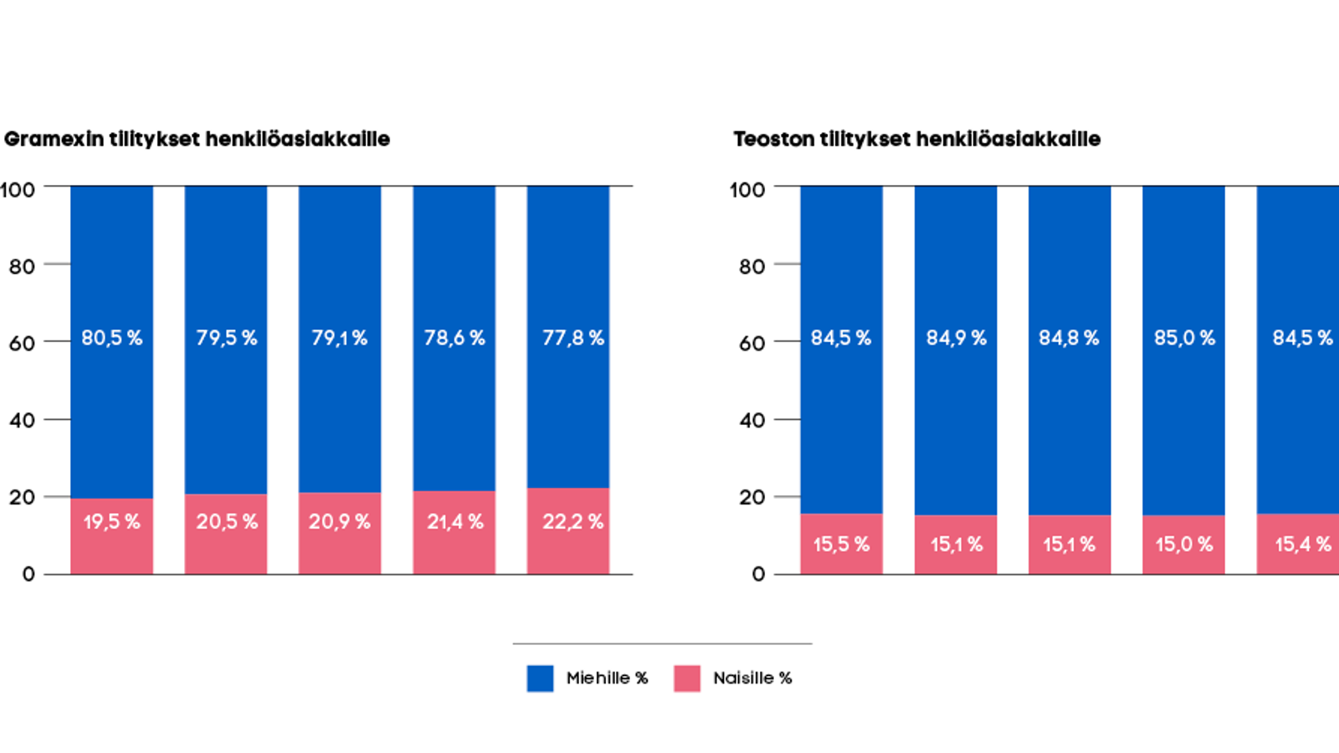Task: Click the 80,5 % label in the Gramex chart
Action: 111,338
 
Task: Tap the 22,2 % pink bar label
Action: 572,522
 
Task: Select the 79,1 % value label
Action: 339,338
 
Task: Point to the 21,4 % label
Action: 455,522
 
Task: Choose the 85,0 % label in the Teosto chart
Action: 1184,338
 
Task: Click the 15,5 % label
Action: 841,545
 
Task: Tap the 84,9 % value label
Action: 956,338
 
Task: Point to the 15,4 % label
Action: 1302,545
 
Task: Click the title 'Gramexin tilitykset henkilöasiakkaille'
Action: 197,139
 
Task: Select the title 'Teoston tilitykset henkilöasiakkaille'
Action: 916,139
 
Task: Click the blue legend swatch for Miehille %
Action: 540,679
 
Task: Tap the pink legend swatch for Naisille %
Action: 687,679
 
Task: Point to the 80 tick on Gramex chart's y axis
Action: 22,267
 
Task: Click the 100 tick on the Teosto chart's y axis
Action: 746,190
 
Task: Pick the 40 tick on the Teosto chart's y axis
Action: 752,420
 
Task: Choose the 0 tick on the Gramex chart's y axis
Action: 28,574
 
